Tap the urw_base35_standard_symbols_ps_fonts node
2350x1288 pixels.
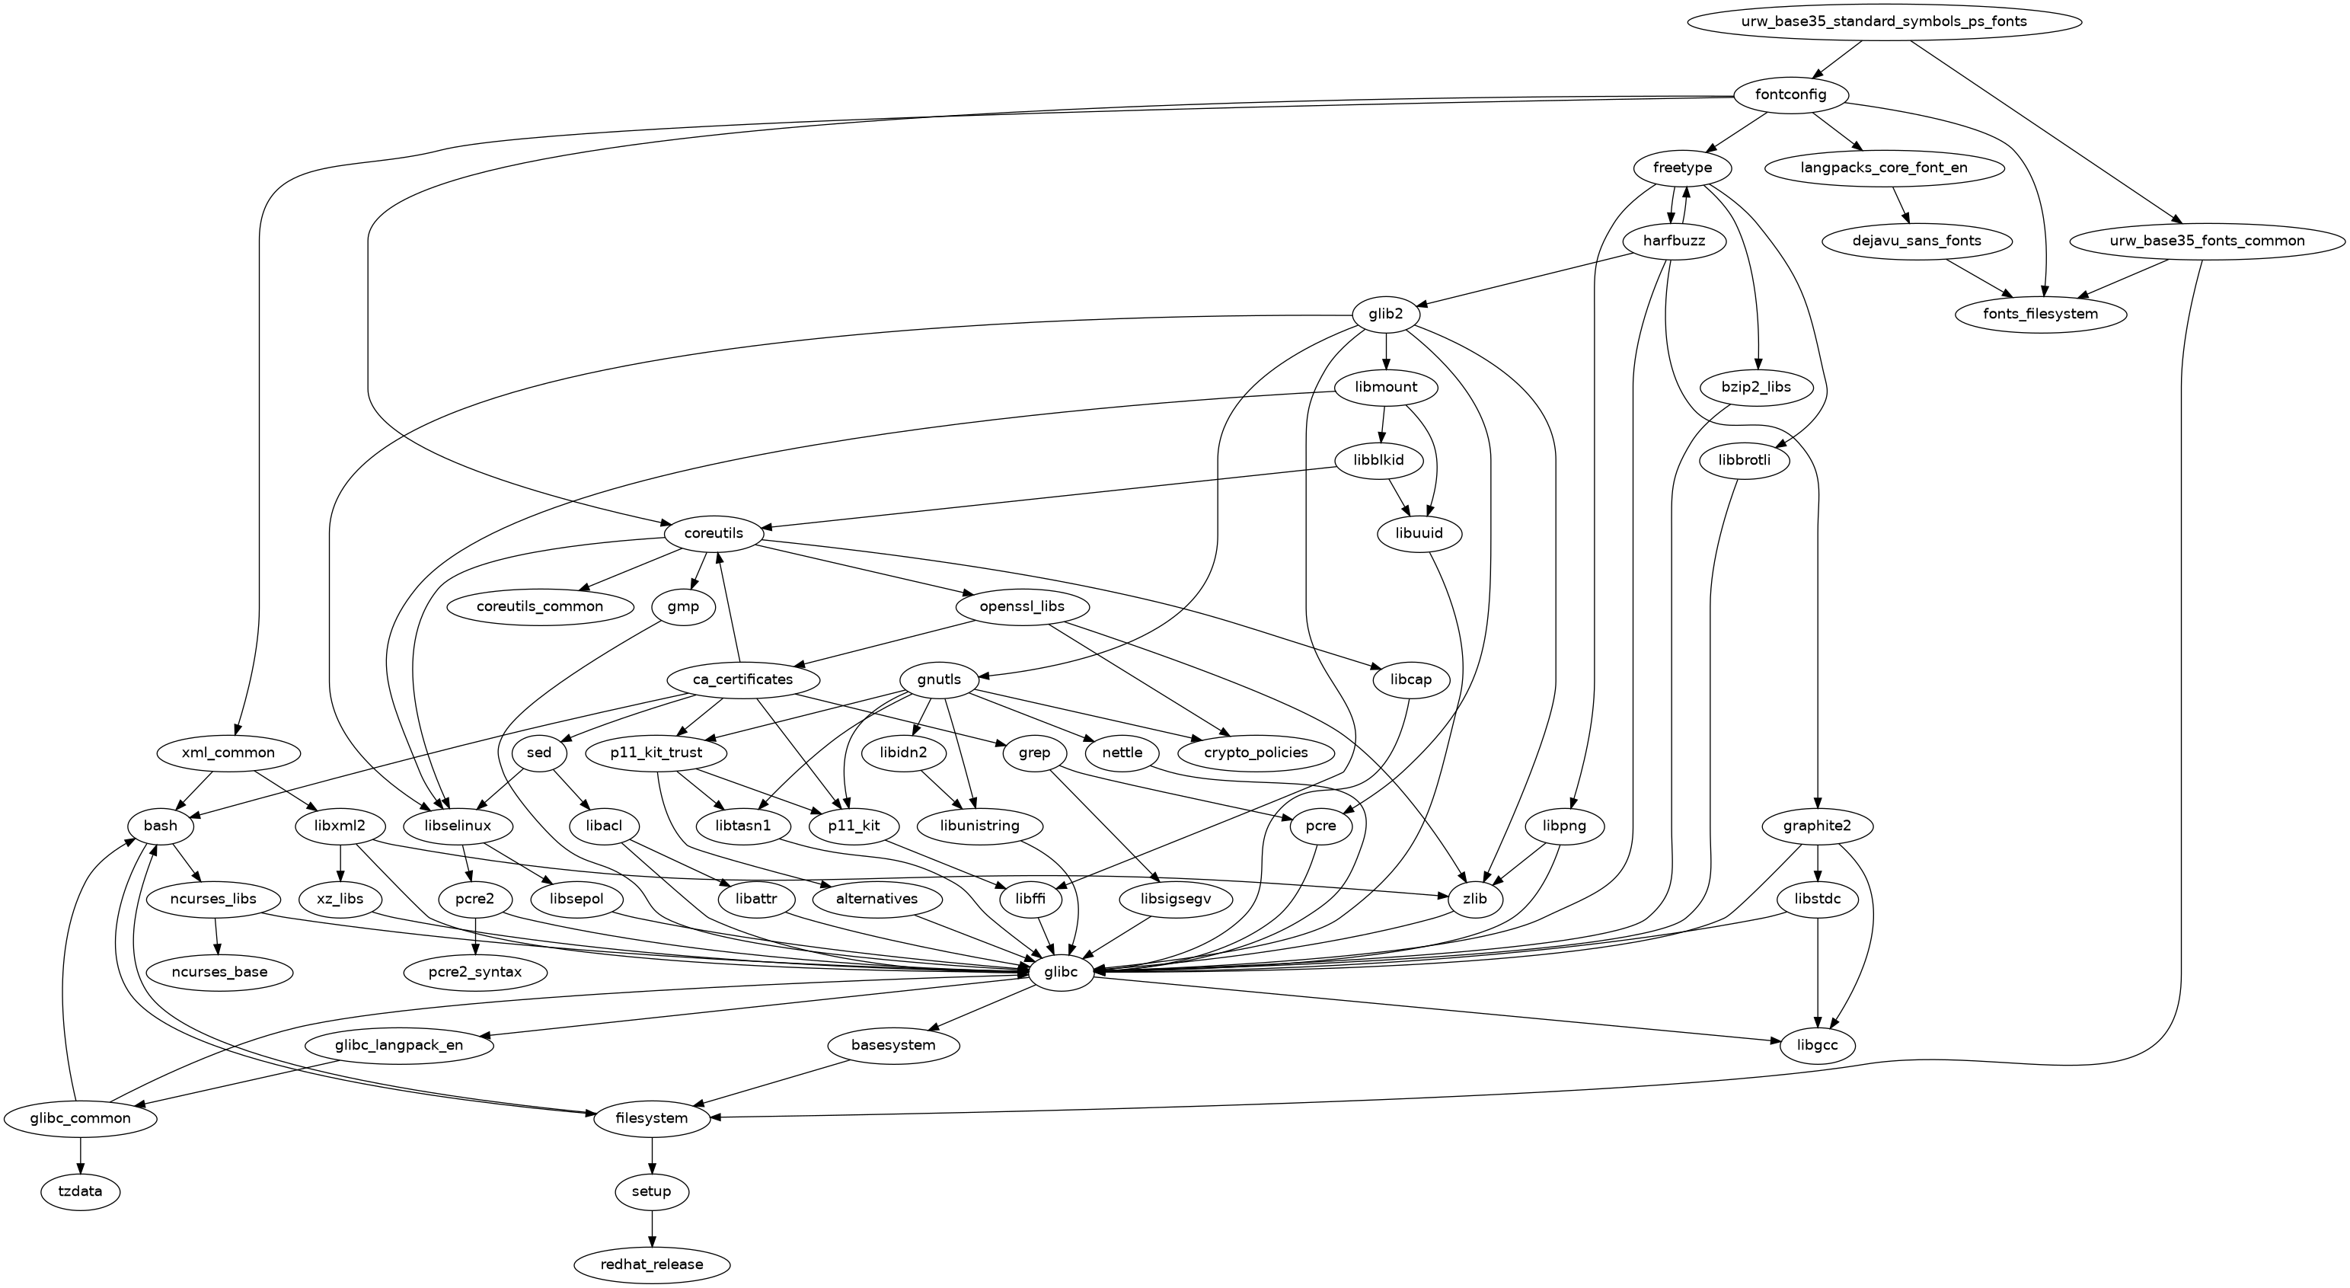click(x=1885, y=22)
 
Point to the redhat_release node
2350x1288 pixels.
click(x=653, y=1264)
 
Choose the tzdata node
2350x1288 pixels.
click(x=80, y=1191)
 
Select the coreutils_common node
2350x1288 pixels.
click(x=539, y=606)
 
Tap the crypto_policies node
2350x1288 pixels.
click(x=1256, y=753)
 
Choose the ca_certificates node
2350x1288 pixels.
click(x=742, y=679)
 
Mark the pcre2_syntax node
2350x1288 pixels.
click(x=475, y=973)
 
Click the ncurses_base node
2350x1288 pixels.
click(x=220, y=973)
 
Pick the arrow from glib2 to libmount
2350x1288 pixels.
click(x=1387, y=351)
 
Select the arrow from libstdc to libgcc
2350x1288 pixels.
click(x=1818, y=973)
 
